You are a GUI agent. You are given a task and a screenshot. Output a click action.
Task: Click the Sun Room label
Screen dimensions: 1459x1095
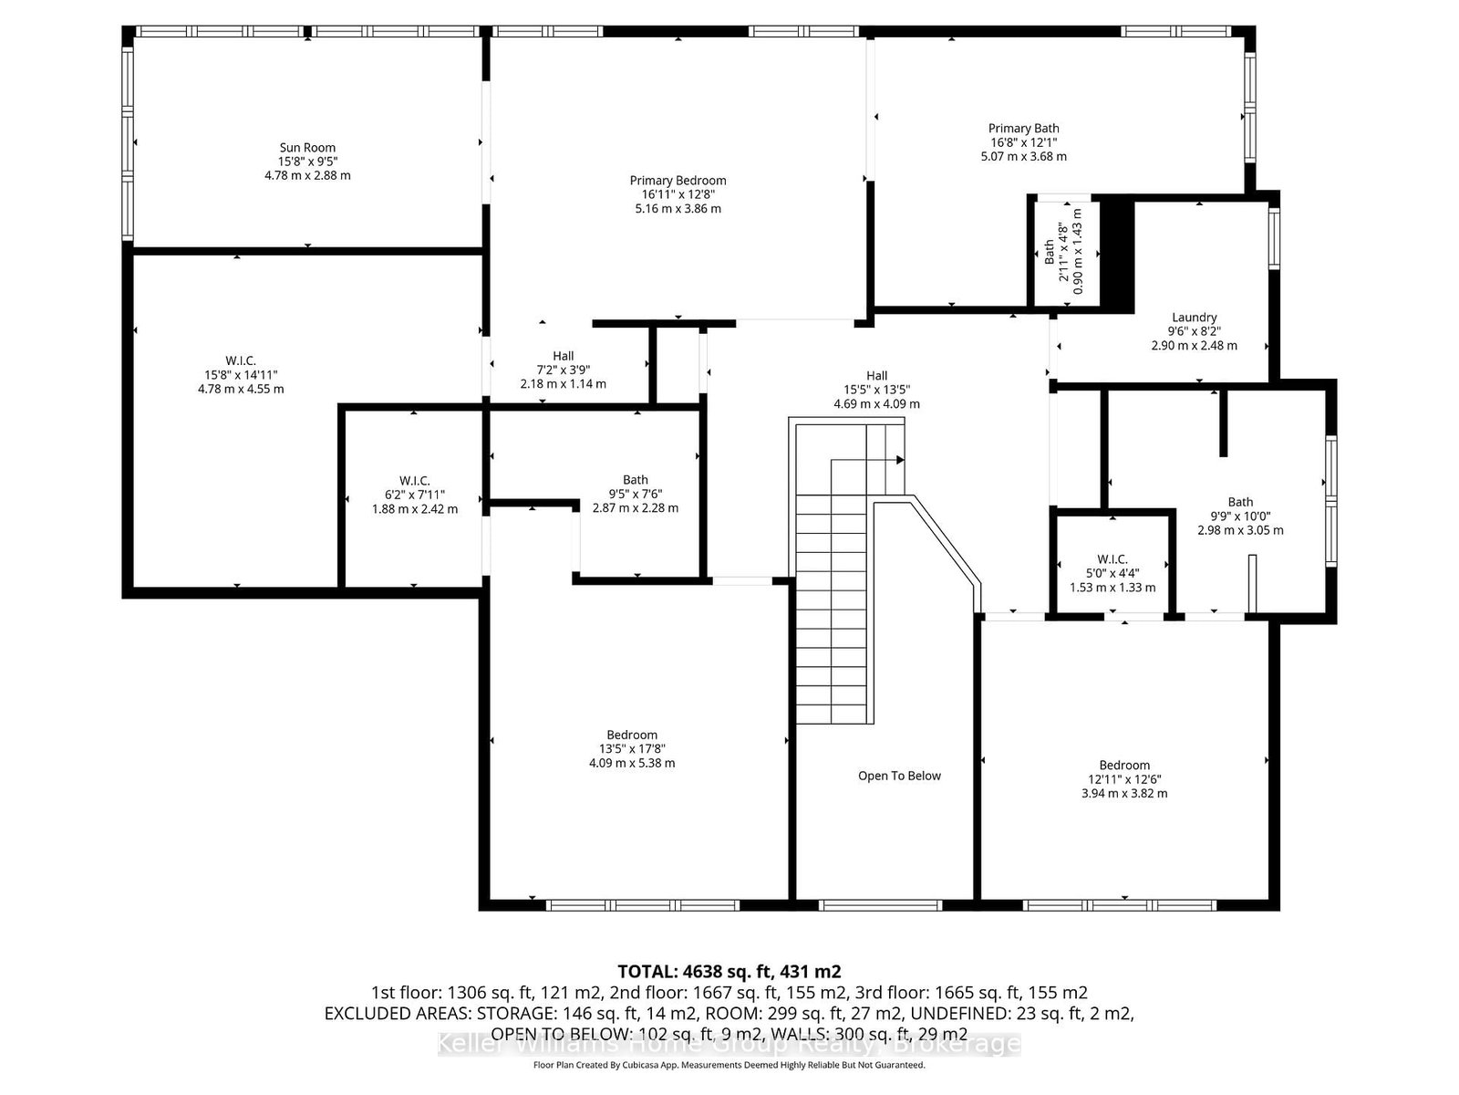307,148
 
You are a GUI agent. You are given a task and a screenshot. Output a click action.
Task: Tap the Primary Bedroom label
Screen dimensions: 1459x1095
678,180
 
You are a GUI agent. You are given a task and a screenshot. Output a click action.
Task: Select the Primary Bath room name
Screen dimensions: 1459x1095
1023,129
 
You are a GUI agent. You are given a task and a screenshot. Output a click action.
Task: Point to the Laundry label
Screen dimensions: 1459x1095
1194,318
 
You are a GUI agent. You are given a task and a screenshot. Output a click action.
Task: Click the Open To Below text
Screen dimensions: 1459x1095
899,776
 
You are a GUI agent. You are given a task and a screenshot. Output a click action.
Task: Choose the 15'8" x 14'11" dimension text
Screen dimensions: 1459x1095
241,375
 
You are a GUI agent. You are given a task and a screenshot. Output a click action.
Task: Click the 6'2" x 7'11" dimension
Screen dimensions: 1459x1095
414,495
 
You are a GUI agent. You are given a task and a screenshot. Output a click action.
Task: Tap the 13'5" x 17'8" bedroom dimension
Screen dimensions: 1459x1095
631,748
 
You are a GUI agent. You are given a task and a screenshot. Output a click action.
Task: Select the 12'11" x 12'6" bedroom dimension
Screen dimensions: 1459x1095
1124,779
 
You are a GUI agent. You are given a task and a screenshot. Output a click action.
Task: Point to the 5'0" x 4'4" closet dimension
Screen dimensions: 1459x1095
1112,573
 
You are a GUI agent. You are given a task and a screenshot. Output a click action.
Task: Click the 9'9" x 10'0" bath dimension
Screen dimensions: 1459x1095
1240,516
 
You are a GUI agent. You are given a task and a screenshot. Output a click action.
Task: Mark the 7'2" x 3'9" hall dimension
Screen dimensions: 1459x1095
563,370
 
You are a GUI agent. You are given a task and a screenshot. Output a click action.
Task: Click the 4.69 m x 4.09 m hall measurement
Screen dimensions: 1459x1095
876,403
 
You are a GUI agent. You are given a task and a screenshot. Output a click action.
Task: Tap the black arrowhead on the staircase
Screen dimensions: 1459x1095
900,460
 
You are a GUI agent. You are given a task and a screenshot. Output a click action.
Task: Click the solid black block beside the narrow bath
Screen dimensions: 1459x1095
1117,254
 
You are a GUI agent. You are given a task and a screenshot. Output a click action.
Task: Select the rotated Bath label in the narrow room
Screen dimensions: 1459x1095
1049,253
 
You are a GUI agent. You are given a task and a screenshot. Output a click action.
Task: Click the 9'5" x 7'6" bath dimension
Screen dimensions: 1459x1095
636,494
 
